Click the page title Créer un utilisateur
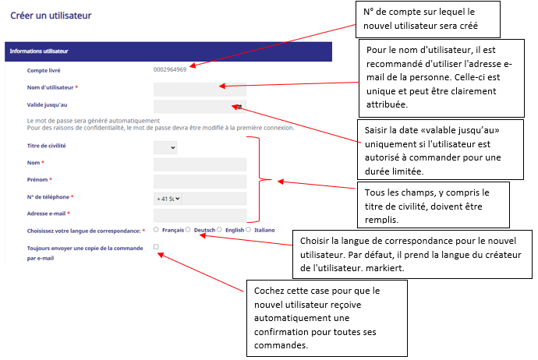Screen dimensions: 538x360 click(51, 16)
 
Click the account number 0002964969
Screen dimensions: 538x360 click(170, 69)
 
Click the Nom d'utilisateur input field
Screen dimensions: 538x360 click(200, 90)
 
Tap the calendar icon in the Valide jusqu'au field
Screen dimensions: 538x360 click(239, 107)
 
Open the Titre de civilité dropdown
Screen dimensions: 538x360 click(165, 147)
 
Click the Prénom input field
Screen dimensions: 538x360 click(200, 182)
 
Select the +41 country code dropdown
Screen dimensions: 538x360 click(168, 199)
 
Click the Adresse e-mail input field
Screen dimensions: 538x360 click(200, 215)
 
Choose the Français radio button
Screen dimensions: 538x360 click(156, 229)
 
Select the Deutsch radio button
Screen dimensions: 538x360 click(188, 229)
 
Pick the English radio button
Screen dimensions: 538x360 click(219, 229)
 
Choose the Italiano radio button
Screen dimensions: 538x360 click(248, 229)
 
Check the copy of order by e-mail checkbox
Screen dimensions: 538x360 click(156, 246)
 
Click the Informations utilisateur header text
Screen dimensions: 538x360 click(39, 51)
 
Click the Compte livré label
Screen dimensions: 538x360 click(44, 70)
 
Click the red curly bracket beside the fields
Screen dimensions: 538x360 click(260, 179)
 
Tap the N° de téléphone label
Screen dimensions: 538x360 click(48, 197)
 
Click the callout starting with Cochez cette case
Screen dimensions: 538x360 click(327, 318)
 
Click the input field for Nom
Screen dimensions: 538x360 click(200, 164)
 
